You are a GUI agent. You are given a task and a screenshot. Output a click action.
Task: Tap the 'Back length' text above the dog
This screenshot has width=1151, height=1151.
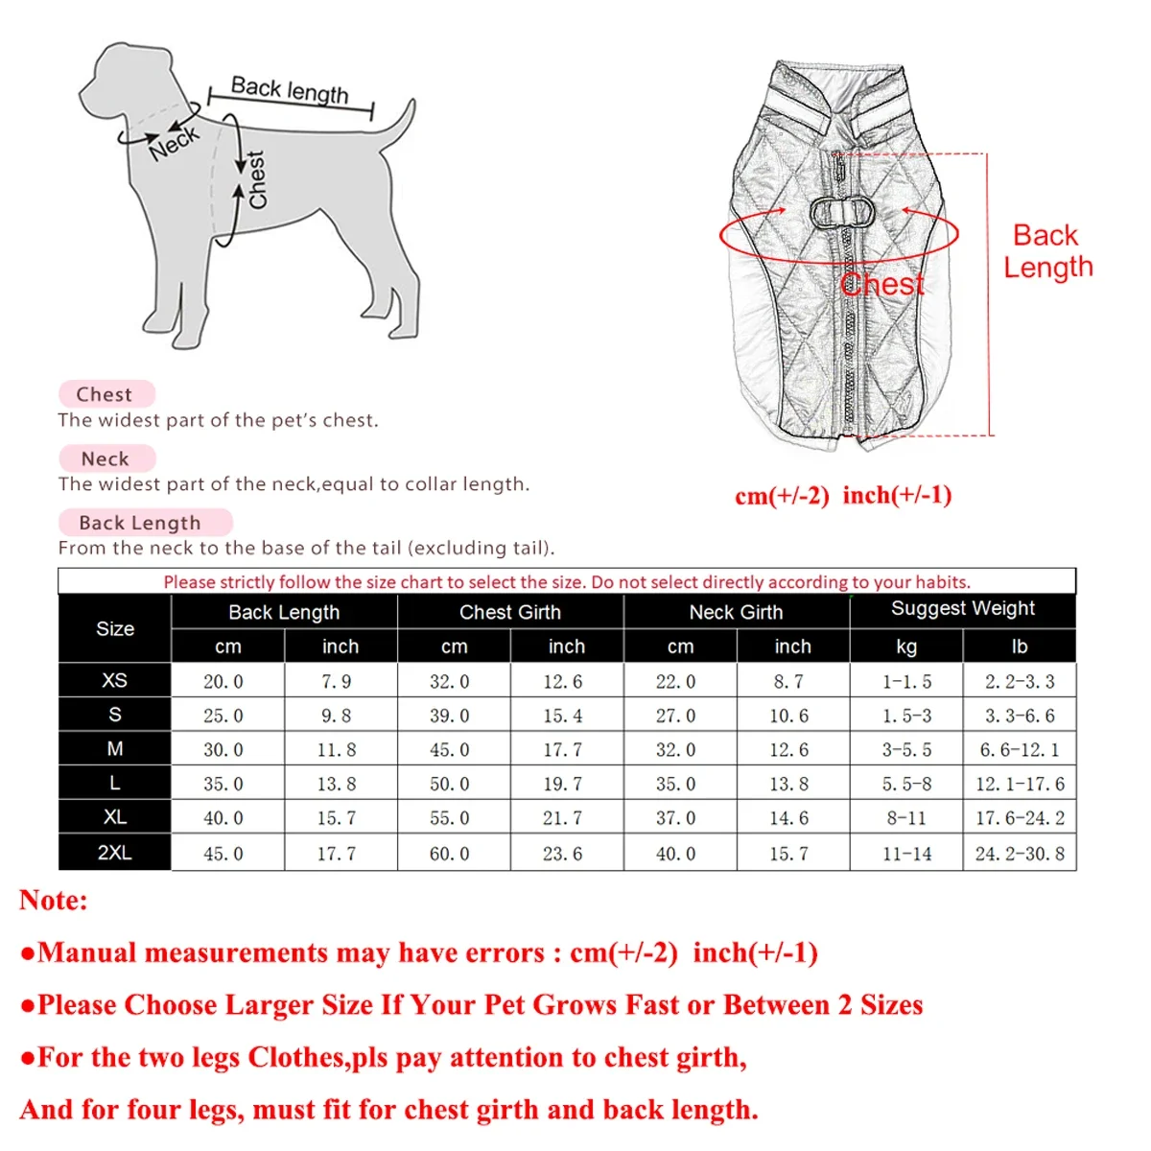(290, 91)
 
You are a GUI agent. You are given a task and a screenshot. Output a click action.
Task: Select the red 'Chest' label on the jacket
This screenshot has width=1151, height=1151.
(882, 285)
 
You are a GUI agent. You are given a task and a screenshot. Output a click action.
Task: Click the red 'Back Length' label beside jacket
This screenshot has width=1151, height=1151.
(1047, 251)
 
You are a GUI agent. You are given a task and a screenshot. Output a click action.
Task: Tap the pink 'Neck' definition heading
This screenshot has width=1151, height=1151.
(106, 458)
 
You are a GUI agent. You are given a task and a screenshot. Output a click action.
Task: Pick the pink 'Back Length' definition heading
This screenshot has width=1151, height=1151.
(141, 523)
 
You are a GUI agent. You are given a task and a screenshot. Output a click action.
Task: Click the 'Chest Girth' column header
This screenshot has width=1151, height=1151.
(509, 612)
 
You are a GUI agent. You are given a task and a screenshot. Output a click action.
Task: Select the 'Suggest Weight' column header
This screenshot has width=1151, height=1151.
(962, 608)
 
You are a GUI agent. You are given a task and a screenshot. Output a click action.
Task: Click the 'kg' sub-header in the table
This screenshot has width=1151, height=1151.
(905, 646)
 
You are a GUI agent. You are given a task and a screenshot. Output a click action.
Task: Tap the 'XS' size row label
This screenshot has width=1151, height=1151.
(114, 680)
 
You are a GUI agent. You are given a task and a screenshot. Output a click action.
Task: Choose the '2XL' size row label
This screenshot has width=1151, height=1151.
(114, 853)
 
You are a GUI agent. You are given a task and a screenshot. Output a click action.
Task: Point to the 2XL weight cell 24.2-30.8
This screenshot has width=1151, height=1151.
(1020, 854)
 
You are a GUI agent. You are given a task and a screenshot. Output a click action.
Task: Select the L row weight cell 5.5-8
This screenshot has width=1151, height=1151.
(906, 785)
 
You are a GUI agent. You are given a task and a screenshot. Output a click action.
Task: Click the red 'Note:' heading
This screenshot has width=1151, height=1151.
(54, 901)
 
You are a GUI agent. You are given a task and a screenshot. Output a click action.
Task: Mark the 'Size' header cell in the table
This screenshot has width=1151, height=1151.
(115, 629)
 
